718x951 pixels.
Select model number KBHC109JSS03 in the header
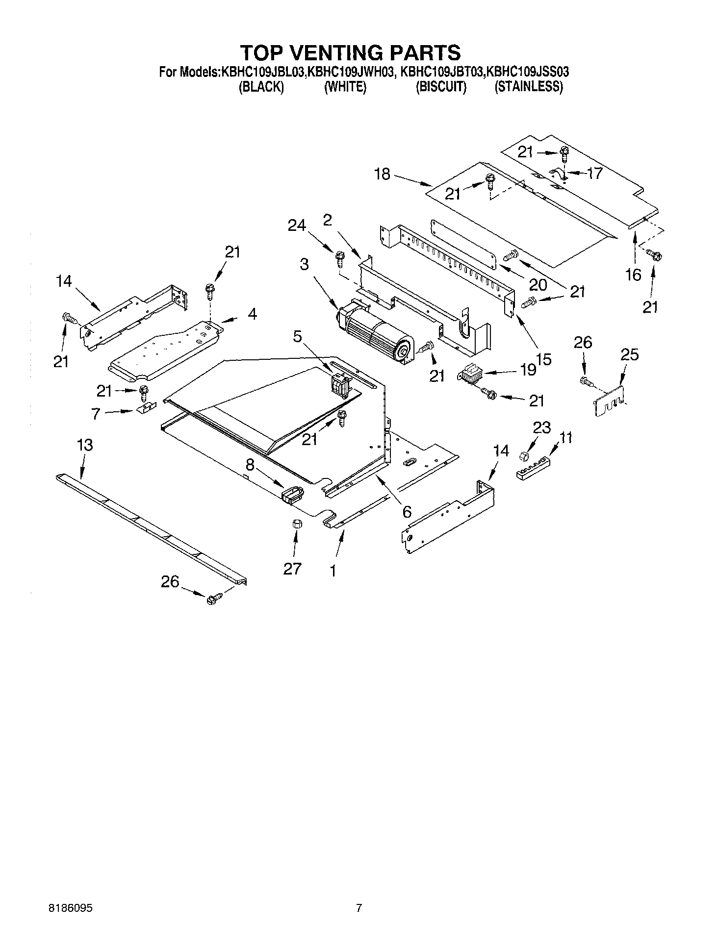(526, 73)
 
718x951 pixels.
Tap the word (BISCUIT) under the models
(441, 87)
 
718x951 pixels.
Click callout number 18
(382, 174)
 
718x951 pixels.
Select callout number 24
(297, 225)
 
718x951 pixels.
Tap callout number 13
(85, 445)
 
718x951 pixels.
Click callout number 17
(594, 174)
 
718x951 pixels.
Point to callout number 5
(298, 337)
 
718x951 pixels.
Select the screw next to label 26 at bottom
(214, 599)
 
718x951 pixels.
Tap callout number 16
(633, 275)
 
